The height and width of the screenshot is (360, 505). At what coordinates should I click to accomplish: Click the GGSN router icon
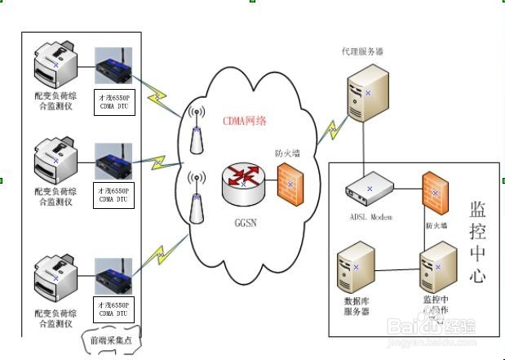[x=243, y=184]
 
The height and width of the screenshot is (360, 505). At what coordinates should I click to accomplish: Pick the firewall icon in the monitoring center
[x=434, y=194]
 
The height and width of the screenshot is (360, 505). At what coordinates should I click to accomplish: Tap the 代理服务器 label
[x=362, y=51]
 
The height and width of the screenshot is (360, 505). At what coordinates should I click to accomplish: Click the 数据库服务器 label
[x=357, y=305]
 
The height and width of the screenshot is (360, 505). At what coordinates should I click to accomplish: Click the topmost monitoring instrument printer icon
[x=55, y=69]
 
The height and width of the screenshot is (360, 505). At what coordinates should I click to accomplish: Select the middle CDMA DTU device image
[x=113, y=159]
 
